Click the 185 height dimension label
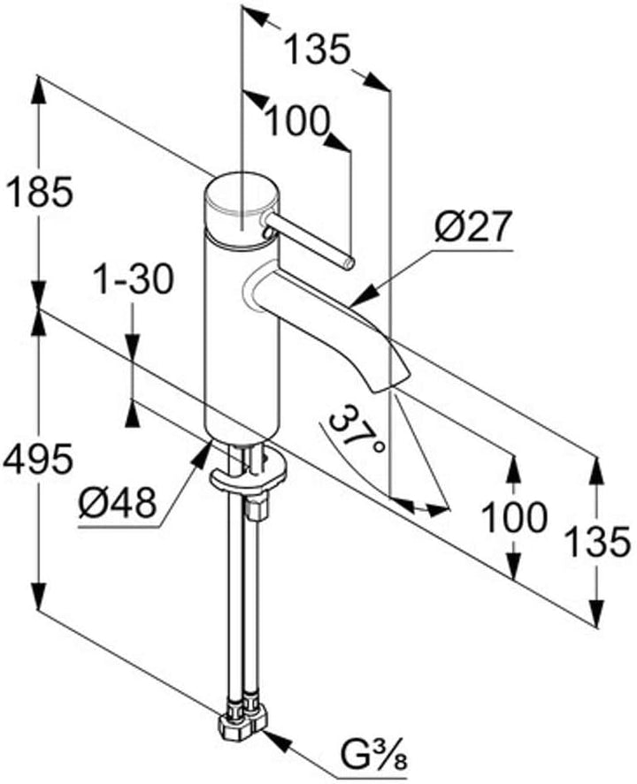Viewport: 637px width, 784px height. tap(39, 193)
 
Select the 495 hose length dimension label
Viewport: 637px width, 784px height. tap(38, 459)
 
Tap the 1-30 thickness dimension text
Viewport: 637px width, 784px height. tap(134, 279)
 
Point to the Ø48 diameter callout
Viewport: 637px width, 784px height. tap(117, 504)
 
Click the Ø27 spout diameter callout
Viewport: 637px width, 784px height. tap(472, 226)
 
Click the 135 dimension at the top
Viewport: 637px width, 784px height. tap(316, 49)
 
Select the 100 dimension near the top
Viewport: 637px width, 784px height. tap(298, 121)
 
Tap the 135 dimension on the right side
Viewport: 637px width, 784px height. tap(596, 542)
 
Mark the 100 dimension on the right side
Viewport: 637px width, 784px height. tap(514, 517)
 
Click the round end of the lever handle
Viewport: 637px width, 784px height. tap(349, 263)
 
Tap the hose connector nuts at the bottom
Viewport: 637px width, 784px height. tap(242, 721)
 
